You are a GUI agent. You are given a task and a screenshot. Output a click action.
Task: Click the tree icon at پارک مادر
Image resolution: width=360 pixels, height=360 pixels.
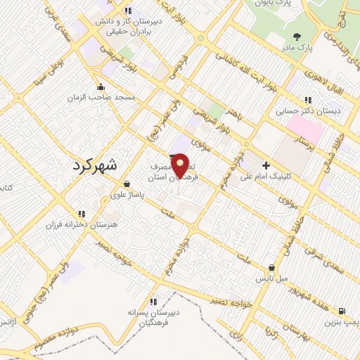coord(297,37)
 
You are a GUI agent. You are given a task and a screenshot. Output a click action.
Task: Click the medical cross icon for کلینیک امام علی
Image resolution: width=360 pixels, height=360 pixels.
coord(266,165)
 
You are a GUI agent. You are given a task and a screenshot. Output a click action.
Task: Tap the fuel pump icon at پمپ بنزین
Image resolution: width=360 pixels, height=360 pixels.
coord(342,311)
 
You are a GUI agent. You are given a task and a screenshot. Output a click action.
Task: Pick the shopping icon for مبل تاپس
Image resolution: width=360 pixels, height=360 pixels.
coord(272,267)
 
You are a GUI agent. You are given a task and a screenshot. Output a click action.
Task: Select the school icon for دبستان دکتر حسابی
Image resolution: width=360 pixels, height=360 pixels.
coord(308,101)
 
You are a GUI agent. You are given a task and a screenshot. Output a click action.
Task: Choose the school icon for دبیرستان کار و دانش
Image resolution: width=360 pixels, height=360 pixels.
coord(127,11)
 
